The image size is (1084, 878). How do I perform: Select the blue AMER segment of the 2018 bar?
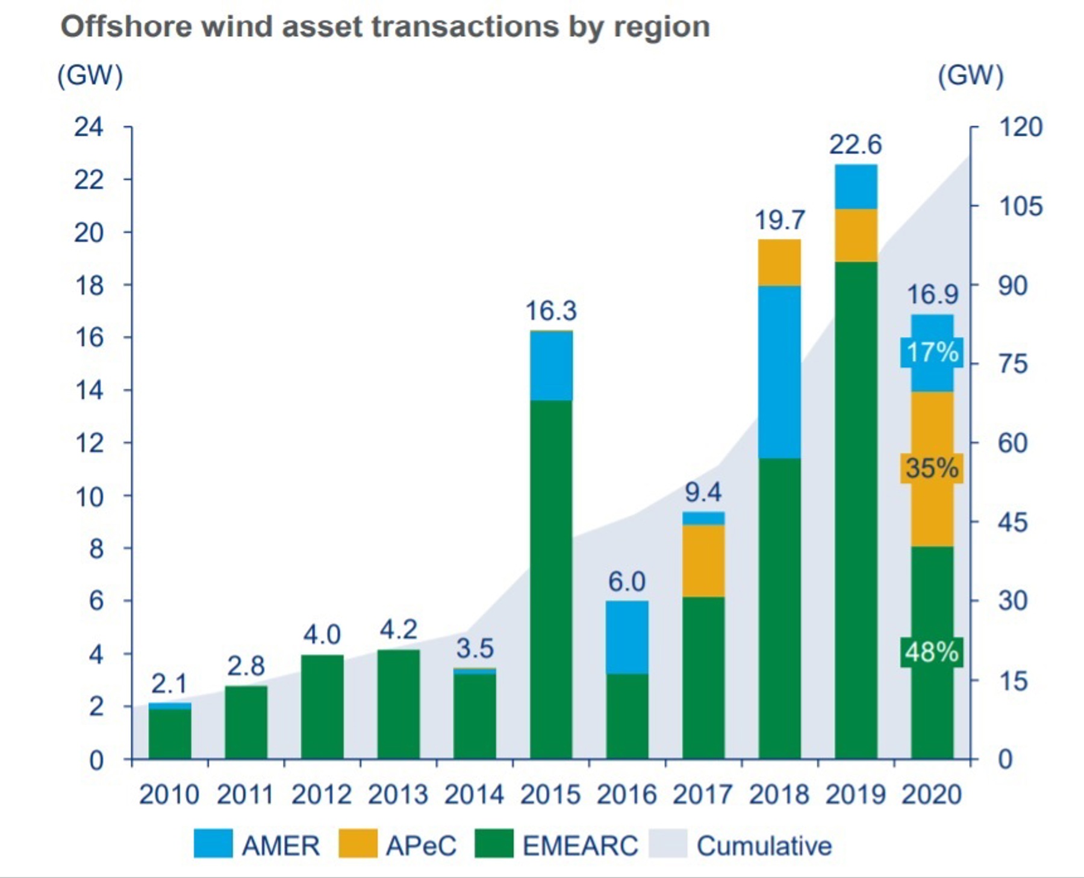point(779,372)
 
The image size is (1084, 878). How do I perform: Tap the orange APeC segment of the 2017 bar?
point(703,560)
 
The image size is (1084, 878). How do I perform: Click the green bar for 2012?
point(322,706)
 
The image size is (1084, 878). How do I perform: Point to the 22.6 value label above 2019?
point(855,145)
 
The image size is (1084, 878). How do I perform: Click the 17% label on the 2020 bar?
point(932,353)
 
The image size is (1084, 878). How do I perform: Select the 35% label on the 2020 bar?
point(932,468)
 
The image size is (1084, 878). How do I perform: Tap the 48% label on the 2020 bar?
point(932,652)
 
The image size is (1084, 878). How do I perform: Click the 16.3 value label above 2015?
point(550,311)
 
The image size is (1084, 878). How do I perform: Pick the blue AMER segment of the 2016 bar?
point(627,637)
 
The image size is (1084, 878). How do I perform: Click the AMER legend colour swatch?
point(213,844)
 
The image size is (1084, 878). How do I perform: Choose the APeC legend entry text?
point(421,846)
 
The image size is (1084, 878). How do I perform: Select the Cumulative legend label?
point(764,846)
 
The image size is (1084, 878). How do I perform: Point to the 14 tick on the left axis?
point(89,391)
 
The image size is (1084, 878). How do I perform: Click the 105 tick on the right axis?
point(1020,206)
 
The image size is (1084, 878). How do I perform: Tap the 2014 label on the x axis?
point(474,795)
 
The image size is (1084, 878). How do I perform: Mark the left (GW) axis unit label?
point(90,76)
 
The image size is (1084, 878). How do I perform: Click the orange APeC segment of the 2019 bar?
point(856,235)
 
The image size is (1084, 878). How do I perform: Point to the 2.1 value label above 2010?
point(169,684)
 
